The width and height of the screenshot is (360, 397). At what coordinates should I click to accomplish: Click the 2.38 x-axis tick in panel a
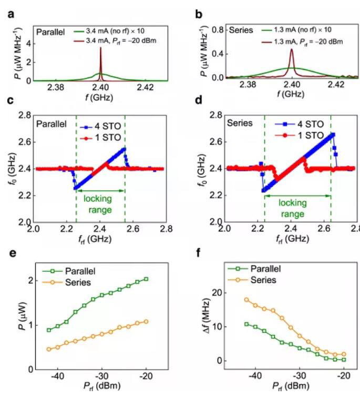pyautogui.click(x=56, y=88)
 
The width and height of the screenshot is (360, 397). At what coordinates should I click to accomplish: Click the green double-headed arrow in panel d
pyautogui.click(x=297, y=195)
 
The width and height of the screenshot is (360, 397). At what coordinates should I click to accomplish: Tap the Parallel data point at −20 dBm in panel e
pyautogui.click(x=146, y=279)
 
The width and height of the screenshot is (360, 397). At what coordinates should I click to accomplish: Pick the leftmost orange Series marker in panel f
pyautogui.click(x=246, y=300)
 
